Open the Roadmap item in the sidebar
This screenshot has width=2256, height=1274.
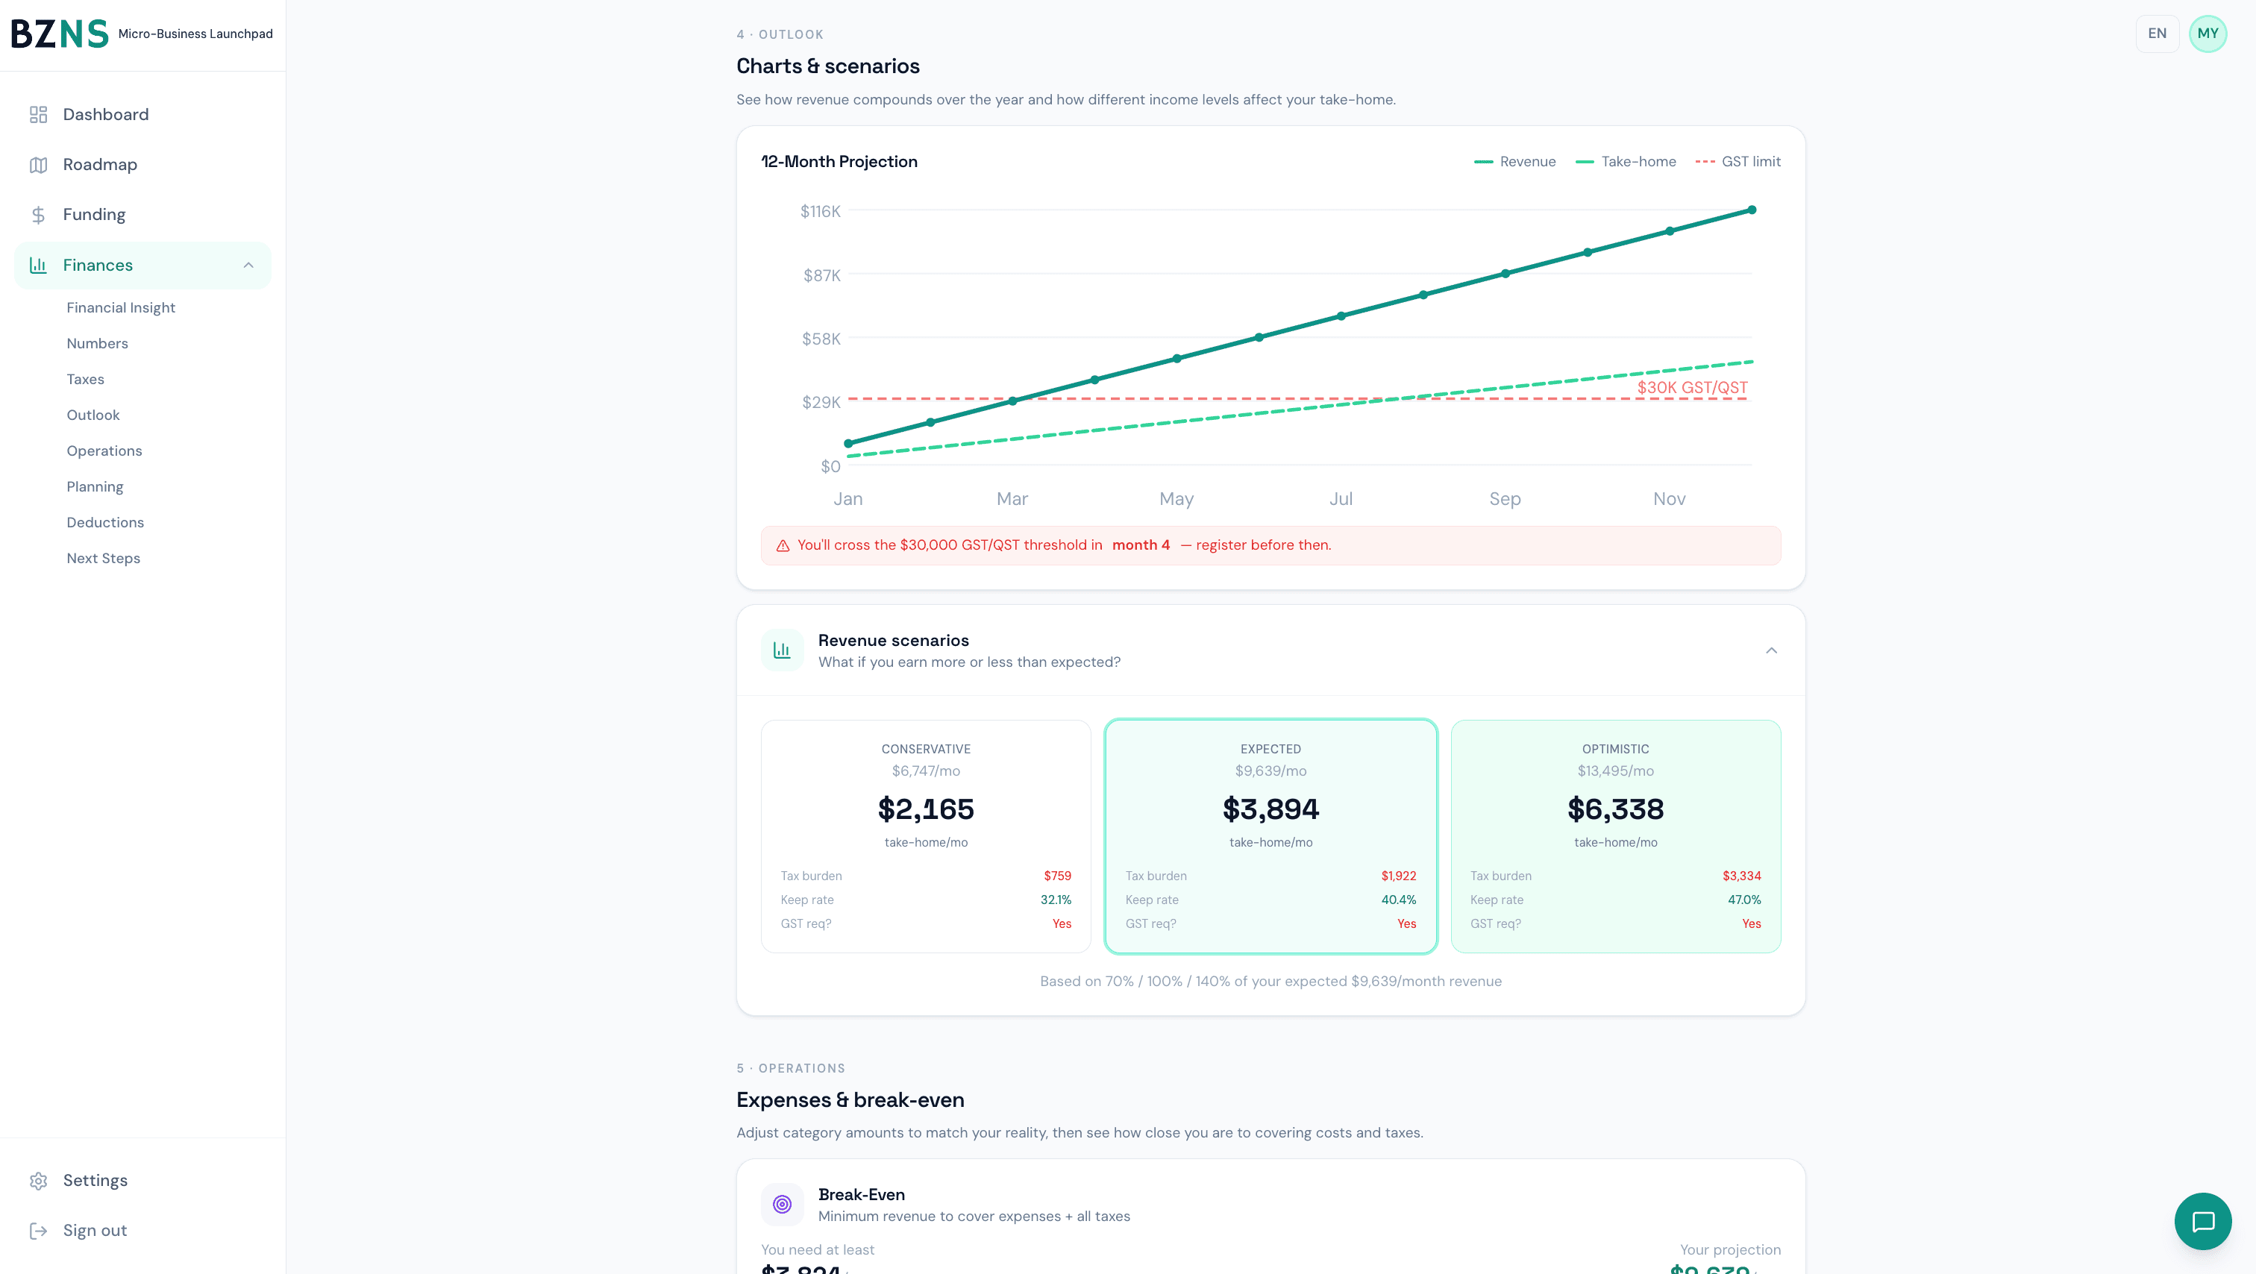tap(100, 165)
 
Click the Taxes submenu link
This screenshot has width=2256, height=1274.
tap(85, 379)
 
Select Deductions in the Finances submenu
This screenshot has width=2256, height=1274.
tap(105, 523)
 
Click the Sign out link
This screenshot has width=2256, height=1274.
tap(95, 1230)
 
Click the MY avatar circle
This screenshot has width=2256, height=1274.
tap(2207, 34)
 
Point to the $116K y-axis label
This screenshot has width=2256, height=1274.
tap(820, 211)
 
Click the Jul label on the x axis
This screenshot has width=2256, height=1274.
tap(1340, 499)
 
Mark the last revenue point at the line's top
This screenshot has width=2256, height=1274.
tap(1752, 210)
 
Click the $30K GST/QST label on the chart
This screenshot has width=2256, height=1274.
tap(1692, 388)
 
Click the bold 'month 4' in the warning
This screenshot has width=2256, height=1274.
tap(1140, 545)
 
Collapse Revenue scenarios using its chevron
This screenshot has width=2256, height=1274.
tap(1771, 650)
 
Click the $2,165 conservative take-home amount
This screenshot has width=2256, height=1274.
tap(926, 809)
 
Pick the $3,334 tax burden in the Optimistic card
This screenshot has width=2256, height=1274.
tap(1741, 876)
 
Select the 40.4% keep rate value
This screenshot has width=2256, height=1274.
tap(1398, 900)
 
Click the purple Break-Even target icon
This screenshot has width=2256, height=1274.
tap(782, 1204)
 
